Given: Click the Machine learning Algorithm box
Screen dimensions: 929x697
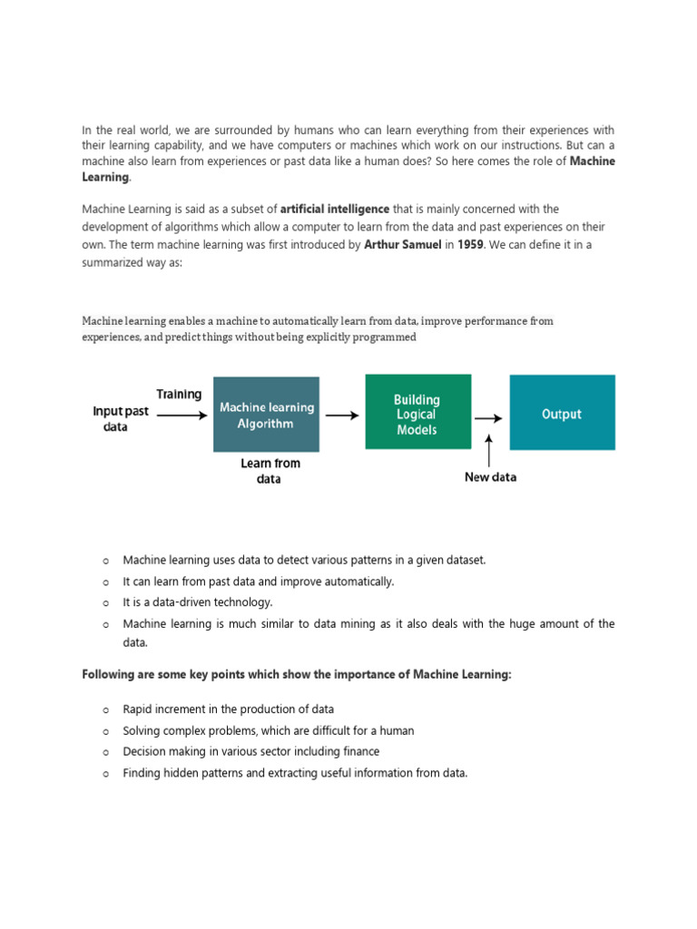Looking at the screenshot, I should tap(266, 415).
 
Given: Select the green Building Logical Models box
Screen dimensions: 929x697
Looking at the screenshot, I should tap(417, 412).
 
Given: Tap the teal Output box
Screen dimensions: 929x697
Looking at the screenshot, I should tap(562, 413).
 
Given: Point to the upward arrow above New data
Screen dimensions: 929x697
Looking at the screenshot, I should tap(490, 449).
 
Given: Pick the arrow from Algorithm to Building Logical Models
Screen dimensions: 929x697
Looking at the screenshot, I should tap(341, 416).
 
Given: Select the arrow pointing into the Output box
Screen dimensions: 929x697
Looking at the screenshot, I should tap(488, 418).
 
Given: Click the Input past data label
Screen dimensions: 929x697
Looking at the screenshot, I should tap(121, 418).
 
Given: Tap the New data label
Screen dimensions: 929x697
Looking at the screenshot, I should tap(491, 477).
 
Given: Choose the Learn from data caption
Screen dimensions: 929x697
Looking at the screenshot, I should tap(270, 471).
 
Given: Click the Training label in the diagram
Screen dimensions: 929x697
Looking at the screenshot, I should tap(179, 394).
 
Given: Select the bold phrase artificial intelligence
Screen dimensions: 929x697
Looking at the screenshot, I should tap(335, 209).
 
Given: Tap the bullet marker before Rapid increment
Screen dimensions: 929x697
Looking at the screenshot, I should tap(106, 709).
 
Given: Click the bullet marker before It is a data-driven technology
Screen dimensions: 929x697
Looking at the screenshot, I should tap(106, 602).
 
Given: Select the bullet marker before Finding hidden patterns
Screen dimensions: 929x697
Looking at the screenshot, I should tap(106, 774).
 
